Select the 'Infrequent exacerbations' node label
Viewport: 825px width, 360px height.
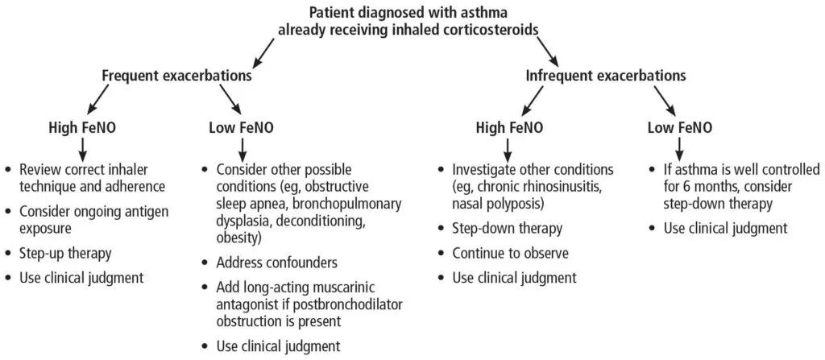[x=606, y=76]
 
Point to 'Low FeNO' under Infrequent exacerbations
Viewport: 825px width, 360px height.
[x=681, y=127]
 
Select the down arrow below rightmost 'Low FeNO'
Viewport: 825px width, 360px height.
[x=680, y=148]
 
